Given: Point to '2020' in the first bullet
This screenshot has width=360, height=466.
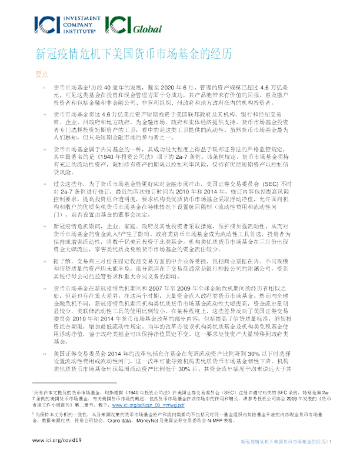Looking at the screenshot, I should pyautogui.click(x=163, y=86).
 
